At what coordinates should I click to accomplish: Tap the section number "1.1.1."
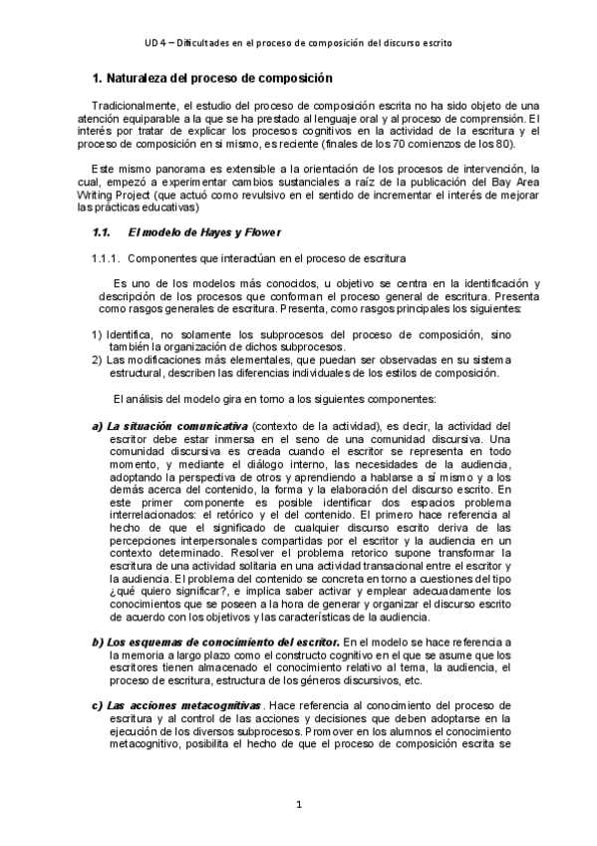(x=106, y=286)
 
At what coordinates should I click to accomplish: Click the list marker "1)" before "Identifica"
(x=97, y=334)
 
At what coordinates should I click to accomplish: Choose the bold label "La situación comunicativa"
(x=176, y=426)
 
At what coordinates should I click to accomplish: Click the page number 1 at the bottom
(x=298, y=805)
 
